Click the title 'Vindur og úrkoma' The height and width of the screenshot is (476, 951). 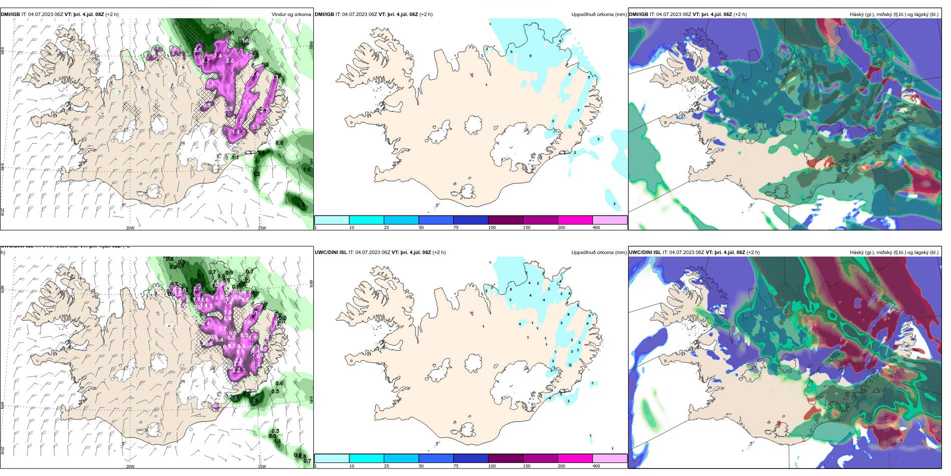pyautogui.click(x=291, y=15)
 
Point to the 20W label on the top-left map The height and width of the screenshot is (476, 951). pyautogui.click(x=130, y=228)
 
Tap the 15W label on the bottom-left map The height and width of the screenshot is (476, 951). pyautogui.click(x=262, y=466)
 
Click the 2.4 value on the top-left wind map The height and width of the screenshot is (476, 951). pyautogui.click(x=218, y=56)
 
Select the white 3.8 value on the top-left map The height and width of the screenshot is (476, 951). pyautogui.click(x=198, y=50)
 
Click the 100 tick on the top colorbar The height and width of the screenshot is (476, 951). pyautogui.click(x=492, y=227)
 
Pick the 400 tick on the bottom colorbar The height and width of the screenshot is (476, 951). pyautogui.click(x=596, y=466)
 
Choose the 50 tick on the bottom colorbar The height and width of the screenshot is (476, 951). pyautogui.click(x=421, y=466)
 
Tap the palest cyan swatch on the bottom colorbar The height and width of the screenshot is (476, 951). pyautogui.click(x=332, y=458)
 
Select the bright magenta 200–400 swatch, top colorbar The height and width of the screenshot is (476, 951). pyautogui.click(x=575, y=220)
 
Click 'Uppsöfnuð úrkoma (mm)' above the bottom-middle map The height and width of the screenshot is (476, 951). pyautogui.click(x=599, y=253)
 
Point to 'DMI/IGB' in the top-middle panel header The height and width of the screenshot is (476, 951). pyautogui.click(x=324, y=15)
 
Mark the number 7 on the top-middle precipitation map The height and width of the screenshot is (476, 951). pyautogui.click(x=578, y=110)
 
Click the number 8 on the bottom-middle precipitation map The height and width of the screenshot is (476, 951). pyautogui.click(x=568, y=314)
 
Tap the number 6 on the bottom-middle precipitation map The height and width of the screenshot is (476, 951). pyautogui.click(x=511, y=289)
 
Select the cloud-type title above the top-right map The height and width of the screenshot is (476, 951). pyautogui.click(x=894, y=15)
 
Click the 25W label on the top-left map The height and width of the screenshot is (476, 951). pyautogui.click(x=3, y=212)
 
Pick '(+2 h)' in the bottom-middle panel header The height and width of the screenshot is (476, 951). pyautogui.click(x=439, y=253)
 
